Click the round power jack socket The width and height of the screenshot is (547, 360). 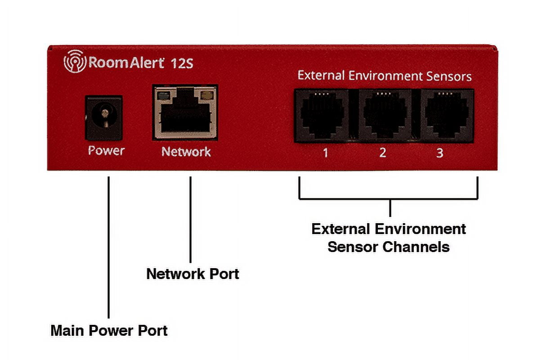pos(104,117)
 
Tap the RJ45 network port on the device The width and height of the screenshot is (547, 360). pos(185,112)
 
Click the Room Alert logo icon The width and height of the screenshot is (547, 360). pos(75,62)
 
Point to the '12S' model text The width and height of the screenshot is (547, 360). pos(182,63)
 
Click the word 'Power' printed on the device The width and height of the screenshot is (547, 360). pos(106,151)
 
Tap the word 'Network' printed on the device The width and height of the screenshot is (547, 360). pos(186,152)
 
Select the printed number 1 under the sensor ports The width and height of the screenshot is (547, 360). pos(326,153)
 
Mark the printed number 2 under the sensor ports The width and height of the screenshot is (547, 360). pos(382,153)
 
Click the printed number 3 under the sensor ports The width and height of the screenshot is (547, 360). pos(440,153)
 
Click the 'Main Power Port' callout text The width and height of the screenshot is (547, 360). pos(109,331)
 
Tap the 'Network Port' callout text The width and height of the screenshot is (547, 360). pos(193,274)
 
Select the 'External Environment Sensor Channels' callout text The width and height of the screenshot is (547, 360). pos(389,238)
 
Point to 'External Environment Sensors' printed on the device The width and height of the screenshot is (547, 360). pos(385,76)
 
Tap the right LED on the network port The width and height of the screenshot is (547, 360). pos(207,95)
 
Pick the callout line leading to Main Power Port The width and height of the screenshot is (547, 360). pos(108,247)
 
